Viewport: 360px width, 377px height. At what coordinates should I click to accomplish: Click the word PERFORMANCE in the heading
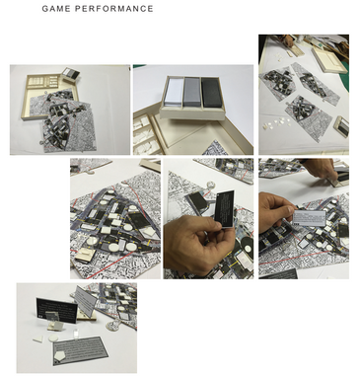[114, 9]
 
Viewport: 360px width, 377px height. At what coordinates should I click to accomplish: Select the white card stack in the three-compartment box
[174, 93]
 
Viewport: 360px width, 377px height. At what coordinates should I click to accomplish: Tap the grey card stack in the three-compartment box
[192, 93]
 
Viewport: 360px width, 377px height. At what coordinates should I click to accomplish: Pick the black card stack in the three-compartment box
[212, 93]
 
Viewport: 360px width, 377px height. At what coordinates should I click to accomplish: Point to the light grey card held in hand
[310, 217]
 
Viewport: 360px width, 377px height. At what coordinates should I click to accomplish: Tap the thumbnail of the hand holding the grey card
[304, 219]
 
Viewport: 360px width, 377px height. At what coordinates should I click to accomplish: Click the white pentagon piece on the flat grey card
[60, 354]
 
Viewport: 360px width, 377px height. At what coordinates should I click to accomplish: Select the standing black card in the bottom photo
[56, 310]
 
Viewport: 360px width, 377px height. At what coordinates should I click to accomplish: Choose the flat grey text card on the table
[80, 350]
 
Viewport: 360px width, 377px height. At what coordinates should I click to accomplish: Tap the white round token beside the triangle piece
[53, 339]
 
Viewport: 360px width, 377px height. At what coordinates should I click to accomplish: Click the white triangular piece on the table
[37, 339]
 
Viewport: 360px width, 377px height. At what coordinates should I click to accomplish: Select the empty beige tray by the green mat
[328, 60]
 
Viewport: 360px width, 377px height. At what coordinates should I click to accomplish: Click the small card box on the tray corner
[71, 73]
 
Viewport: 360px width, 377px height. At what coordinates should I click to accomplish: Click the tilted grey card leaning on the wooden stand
[86, 300]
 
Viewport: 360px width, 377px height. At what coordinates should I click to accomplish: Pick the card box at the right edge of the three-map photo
[342, 125]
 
